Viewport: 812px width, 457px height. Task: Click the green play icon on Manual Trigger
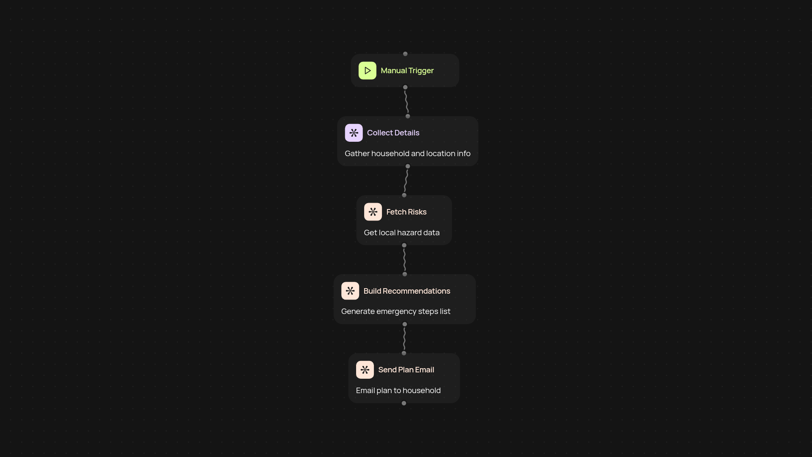pyautogui.click(x=367, y=71)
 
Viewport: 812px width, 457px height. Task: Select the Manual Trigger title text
pyautogui.click(x=407, y=71)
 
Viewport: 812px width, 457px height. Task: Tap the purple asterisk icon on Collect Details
pyautogui.click(x=354, y=133)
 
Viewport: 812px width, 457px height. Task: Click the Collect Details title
pyautogui.click(x=393, y=133)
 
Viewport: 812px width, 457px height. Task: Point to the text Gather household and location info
pyautogui.click(x=407, y=154)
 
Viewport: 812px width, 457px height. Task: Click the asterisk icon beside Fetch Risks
pyautogui.click(x=373, y=212)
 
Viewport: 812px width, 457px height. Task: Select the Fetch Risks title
pyautogui.click(x=406, y=212)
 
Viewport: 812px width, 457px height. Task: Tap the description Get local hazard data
pyautogui.click(x=401, y=233)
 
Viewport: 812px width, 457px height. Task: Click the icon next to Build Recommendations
pyautogui.click(x=350, y=291)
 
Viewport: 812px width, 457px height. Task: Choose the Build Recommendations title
pyautogui.click(x=406, y=291)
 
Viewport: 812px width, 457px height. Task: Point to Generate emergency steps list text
pyautogui.click(x=395, y=311)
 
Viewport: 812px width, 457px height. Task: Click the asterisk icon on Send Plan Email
pyautogui.click(x=365, y=370)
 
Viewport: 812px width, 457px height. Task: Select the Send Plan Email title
pyautogui.click(x=406, y=370)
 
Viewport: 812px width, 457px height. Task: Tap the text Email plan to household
pyautogui.click(x=398, y=391)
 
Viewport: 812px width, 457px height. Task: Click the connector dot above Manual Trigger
pyautogui.click(x=405, y=54)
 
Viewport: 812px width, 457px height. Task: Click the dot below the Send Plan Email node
pyautogui.click(x=404, y=403)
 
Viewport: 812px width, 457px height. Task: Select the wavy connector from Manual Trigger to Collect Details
pyautogui.click(x=406, y=102)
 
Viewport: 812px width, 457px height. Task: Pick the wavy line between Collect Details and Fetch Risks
pyautogui.click(x=406, y=181)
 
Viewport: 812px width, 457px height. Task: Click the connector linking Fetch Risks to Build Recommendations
pyautogui.click(x=404, y=260)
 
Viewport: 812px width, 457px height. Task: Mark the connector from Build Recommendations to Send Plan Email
pyautogui.click(x=404, y=339)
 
